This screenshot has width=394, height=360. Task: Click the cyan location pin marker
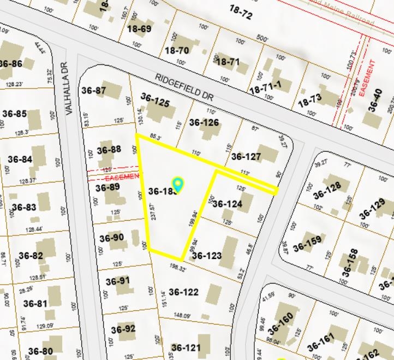(177, 184)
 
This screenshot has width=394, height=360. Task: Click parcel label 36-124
(227, 204)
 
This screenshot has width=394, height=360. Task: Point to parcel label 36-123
(207, 255)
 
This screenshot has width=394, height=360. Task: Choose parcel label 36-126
(204, 122)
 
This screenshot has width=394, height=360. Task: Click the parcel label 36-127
(246, 157)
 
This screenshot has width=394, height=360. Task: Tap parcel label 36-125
(155, 100)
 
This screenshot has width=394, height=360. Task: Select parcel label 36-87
(93, 91)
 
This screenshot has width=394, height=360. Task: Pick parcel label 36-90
(111, 238)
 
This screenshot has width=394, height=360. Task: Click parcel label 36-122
(184, 292)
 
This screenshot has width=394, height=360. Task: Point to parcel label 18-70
(177, 51)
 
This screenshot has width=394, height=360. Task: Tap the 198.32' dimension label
(178, 268)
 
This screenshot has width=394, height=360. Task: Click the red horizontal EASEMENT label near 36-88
(121, 177)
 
